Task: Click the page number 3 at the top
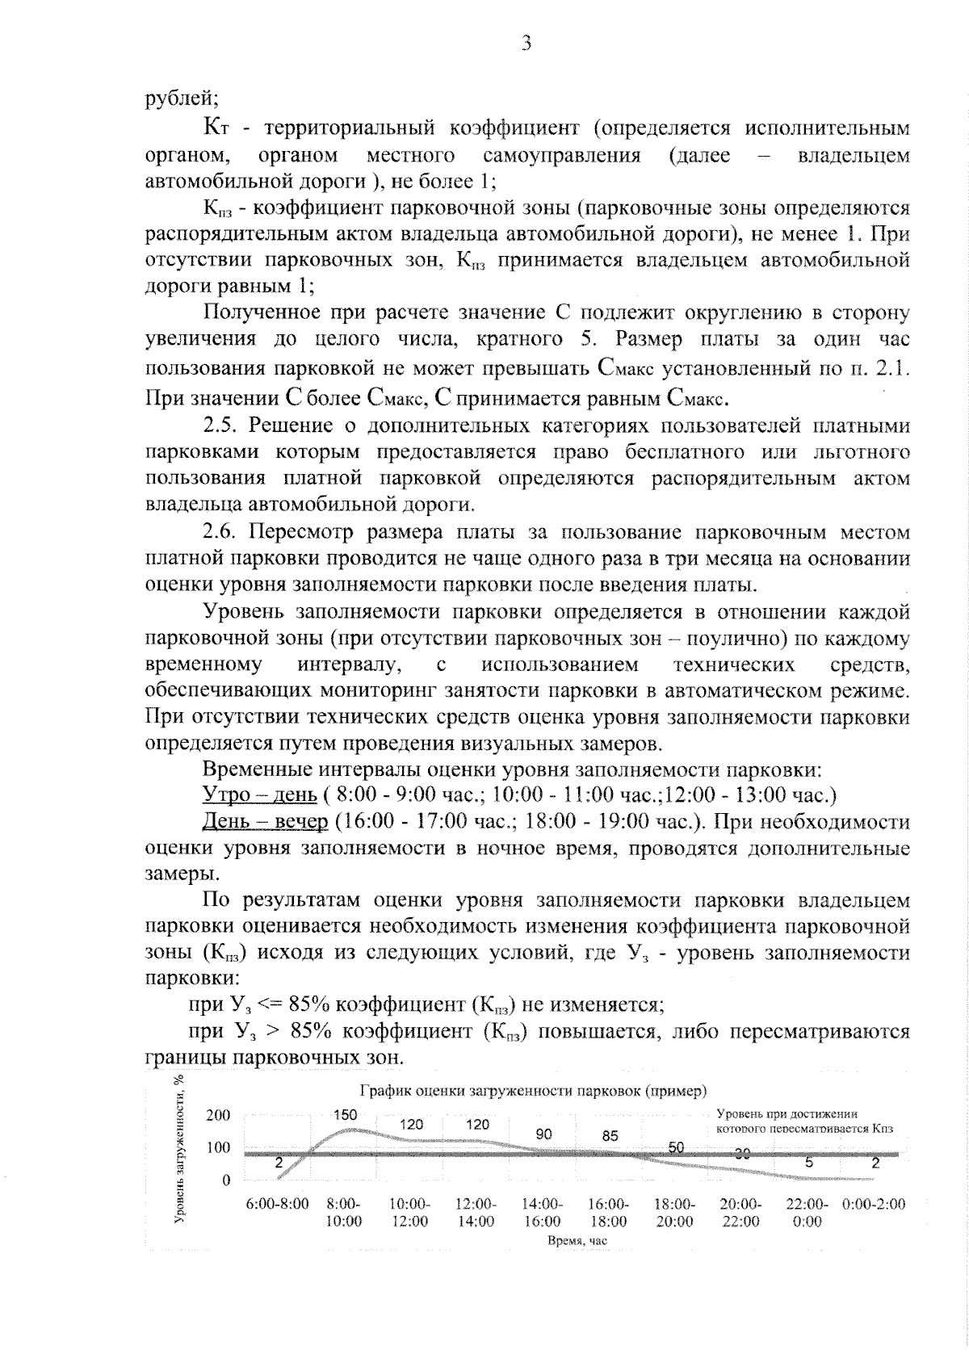tap(526, 44)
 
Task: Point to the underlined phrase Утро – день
tap(259, 795)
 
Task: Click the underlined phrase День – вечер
tap(265, 822)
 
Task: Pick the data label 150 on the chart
tap(345, 1114)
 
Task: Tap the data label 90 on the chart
tap(543, 1134)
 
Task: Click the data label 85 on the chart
tap(610, 1135)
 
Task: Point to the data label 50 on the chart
tap(676, 1147)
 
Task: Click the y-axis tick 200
tap(218, 1116)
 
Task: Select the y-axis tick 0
tap(226, 1180)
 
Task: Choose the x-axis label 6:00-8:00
tap(277, 1204)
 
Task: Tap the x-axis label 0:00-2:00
tap(873, 1204)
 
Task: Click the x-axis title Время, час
tap(577, 1240)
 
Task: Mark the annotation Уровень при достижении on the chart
tap(787, 1113)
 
